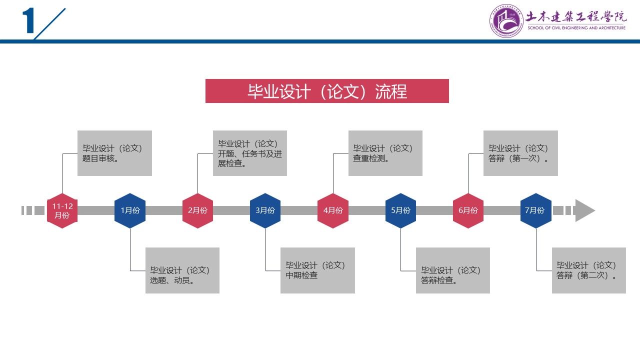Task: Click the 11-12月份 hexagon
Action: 62,210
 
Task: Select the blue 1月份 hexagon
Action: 130,210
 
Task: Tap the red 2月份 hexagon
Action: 197,210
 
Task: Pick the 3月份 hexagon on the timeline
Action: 265,210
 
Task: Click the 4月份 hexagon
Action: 332,210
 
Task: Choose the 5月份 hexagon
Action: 400,210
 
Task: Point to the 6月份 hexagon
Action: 468,210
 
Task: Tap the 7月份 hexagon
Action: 535,210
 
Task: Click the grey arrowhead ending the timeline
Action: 584,210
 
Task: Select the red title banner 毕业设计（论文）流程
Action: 327,91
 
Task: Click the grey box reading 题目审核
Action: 114,153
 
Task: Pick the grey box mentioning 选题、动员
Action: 182,270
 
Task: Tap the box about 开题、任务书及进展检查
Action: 250,153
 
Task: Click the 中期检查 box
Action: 317,270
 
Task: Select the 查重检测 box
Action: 385,153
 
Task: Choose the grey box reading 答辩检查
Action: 453,270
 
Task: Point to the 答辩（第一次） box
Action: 520,153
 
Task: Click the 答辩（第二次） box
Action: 588,270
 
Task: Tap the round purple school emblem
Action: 506,21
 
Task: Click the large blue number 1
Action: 28,22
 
